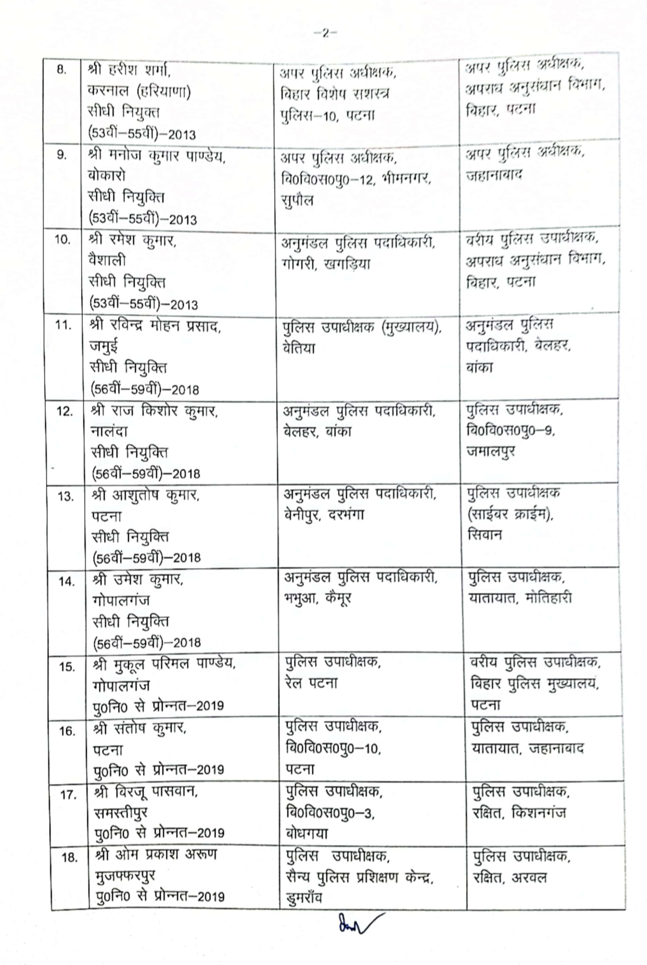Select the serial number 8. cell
(62, 70)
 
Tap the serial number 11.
(63, 325)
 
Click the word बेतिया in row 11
(300, 348)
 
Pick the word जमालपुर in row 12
(491, 451)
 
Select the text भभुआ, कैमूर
(318, 599)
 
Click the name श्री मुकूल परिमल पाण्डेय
(164, 664)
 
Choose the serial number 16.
(66, 731)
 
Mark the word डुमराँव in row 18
(304, 898)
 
